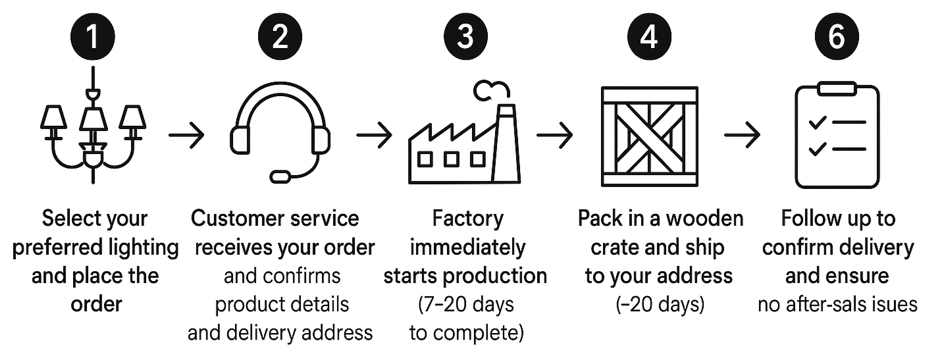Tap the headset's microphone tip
[x=280, y=176]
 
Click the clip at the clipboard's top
[x=837, y=88]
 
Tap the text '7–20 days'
[x=466, y=305]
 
